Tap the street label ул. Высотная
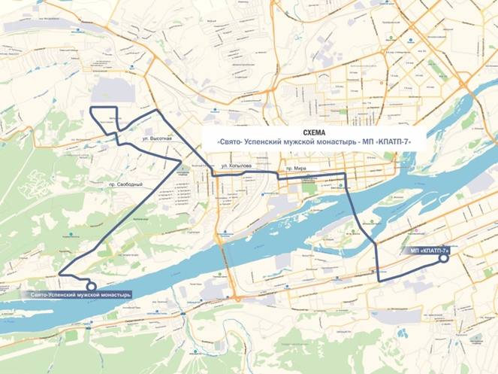tap(157, 139)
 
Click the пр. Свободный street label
tap(124, 185)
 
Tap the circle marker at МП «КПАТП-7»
tap(443, 258)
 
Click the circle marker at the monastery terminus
tap(91, 286)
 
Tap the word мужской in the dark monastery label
tap(91, 295)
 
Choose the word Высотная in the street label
tap(161, 139)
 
